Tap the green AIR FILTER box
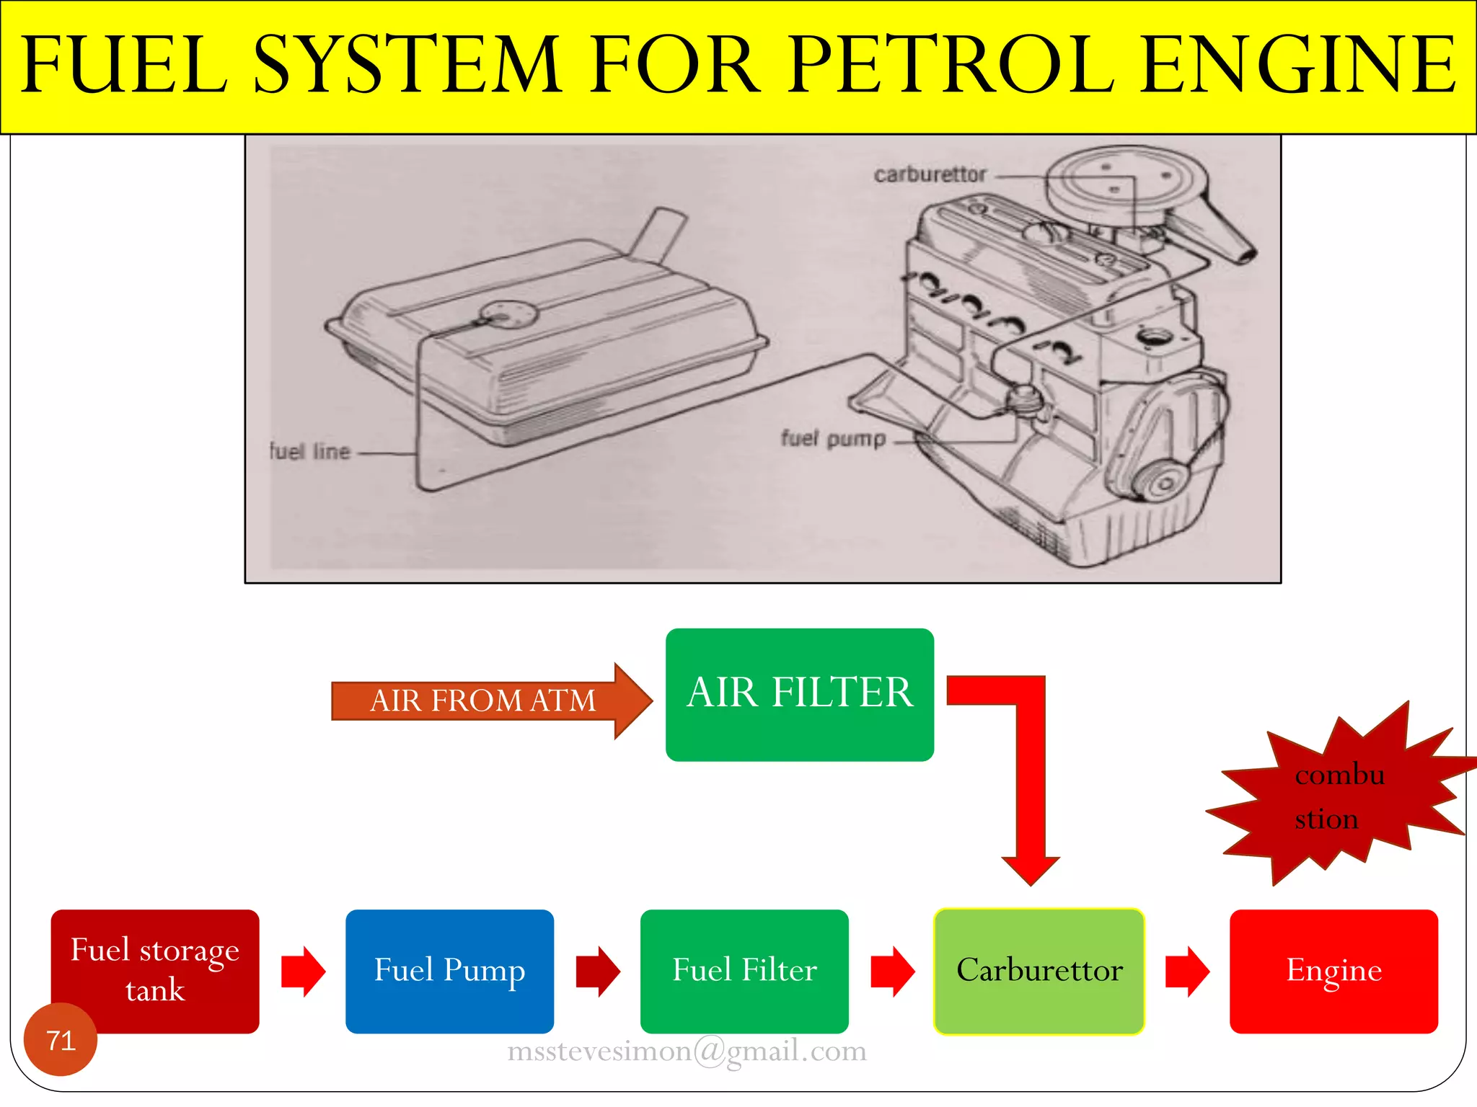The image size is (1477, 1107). pos(799,694)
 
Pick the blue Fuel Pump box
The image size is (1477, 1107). pos(449,971)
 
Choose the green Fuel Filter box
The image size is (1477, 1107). pos(744,971)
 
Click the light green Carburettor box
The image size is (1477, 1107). pos(1039,971)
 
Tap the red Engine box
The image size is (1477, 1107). pos(1333,971)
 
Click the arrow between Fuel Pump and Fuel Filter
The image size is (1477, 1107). pos(598,972)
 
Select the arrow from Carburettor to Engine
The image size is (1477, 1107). pos(1187,972)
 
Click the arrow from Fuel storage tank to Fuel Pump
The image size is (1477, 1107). pos(303,972)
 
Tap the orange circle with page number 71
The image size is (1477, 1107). pos(61,1040)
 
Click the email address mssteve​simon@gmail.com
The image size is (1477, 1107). pos(687,1052)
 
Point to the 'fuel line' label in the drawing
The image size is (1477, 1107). pos(310,452)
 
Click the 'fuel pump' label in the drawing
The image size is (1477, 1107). pos(833,438)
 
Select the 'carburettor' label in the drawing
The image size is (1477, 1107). pos(930,174)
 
